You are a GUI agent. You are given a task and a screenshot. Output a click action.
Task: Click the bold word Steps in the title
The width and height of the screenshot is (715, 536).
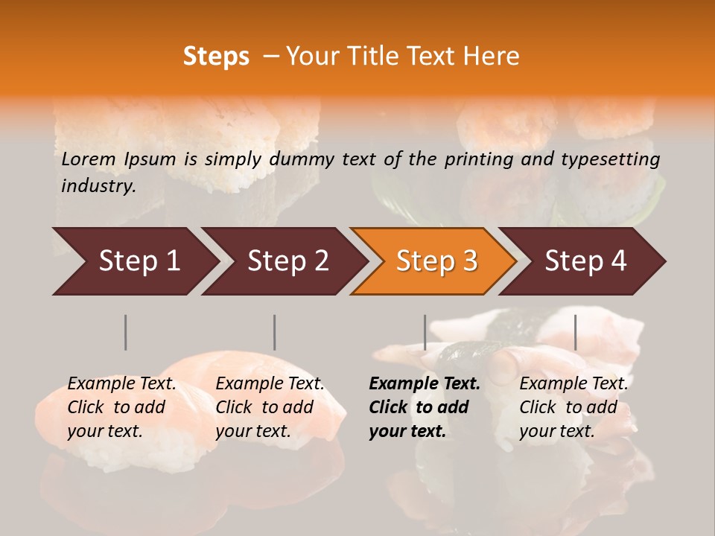(x=216, y=57)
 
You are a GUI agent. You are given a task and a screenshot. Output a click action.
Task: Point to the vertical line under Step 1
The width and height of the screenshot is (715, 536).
(x=126, y=332)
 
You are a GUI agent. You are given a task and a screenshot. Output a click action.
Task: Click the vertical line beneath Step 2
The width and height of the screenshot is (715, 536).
(x=275, y=332)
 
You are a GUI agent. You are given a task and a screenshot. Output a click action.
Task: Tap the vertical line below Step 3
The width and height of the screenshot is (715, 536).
(x=425, y=332)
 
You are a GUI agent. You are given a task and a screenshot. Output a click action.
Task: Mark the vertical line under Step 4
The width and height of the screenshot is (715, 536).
(x=575, y=332)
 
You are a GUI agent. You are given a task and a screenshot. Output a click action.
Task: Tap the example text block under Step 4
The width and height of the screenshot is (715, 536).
(x=573, y=407)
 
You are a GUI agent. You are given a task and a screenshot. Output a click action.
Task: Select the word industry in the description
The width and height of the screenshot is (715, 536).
(x=98, y=185)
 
